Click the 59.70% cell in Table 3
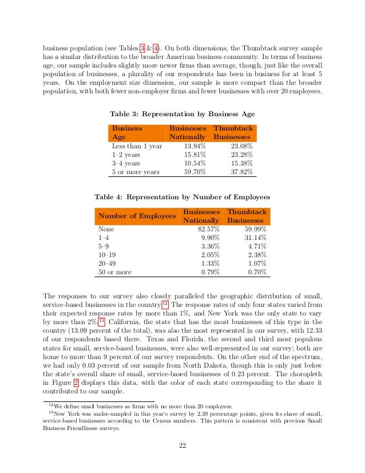pos(193,171)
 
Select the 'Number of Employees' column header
pos(137,216)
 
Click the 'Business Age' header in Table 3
pos(127,133)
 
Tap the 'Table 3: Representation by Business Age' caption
pos(182,113)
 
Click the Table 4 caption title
pos(182,196)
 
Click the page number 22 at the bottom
pos(182,447)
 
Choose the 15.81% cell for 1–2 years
pos(193,154)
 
